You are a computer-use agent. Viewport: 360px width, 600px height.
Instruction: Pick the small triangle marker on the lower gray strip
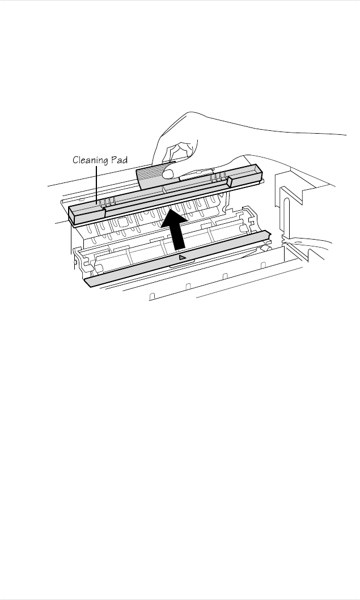pos(182,258)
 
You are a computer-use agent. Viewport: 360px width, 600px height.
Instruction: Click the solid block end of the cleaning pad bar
pos(85,214)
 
